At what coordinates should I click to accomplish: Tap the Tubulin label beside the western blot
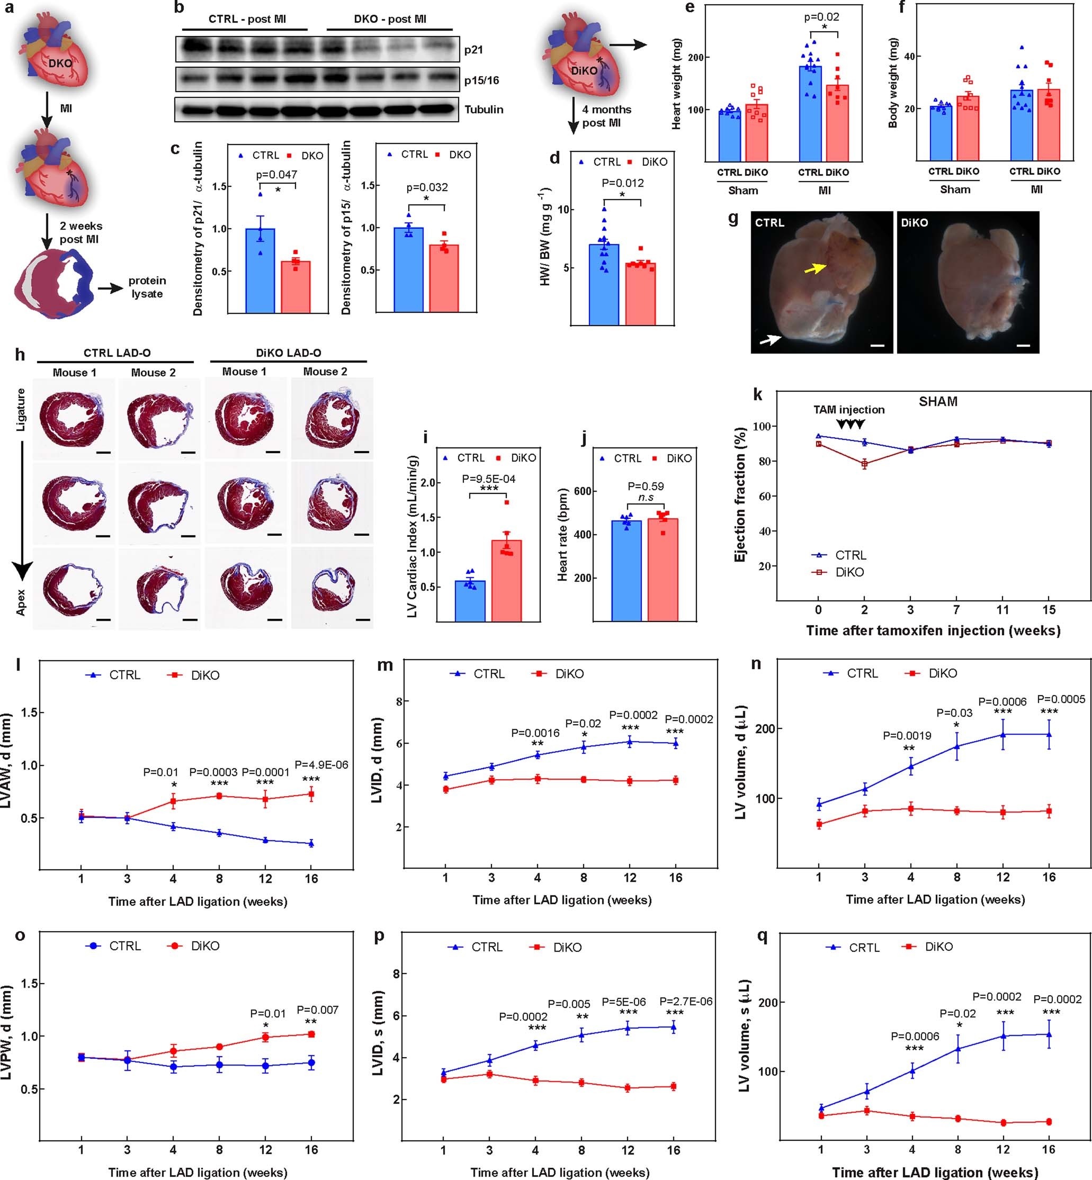(x=484, y=109)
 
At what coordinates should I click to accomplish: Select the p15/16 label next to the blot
(x=481, y=80)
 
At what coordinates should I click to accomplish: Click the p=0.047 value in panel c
(x=276, y=175)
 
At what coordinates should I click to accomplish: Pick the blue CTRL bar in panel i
(x=470, y=601)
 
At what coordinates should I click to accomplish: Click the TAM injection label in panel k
(x=848, y=410)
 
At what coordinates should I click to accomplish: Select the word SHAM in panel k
(x=938, y=402)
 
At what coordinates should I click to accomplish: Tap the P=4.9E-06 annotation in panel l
(x=321, y=765)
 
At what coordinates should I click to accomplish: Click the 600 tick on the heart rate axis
(x=583, y=491)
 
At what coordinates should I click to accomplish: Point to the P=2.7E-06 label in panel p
(x=685, y=1002)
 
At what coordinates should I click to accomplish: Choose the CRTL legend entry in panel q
(x=863, y=947)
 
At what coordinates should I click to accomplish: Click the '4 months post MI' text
(x=606, y=116)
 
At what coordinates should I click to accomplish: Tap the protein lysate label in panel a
(x=147, y=287)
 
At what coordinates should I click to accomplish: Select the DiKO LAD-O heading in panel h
(x=289, y=353)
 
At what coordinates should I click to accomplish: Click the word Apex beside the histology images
(x=21, y=602)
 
